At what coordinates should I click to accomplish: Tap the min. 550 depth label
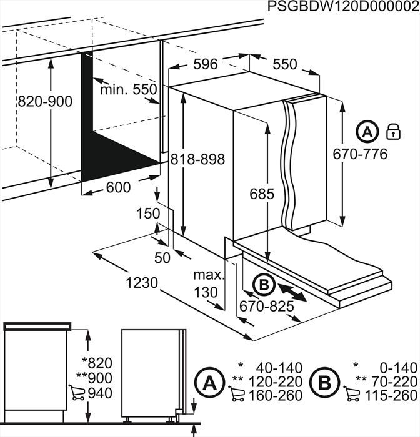click(x=129, y=89)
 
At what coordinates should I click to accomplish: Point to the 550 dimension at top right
click(x=285, y=64)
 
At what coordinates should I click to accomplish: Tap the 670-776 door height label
click(x=359, y=154)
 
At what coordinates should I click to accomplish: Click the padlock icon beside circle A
click(x=393, y=131)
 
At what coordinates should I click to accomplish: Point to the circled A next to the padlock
click(x=367, y=132)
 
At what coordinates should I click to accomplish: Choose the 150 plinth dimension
click(x=148, y=214)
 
